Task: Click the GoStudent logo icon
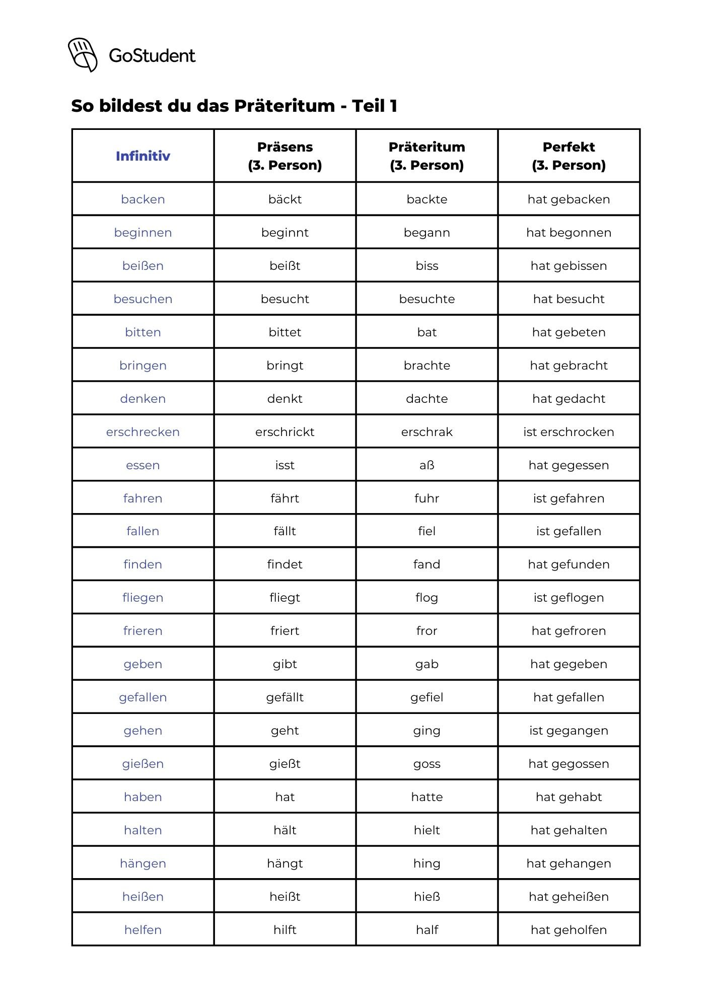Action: click(83, 54)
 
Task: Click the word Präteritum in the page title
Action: click(284, 106)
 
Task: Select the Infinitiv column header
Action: click(143, 156)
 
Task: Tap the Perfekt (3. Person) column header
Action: click(568, 156)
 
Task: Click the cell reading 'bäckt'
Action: click(285, 199)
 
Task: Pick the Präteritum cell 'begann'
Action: click(426, 233)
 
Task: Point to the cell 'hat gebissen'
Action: click(568, 266)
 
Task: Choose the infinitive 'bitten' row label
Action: click(143, 332)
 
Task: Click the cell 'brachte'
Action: click(426, 366)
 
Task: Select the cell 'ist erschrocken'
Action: click(568, 432)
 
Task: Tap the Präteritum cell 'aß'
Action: click(426, 465)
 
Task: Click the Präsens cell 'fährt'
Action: click(285, 498)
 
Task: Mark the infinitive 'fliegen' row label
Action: click(143, 598)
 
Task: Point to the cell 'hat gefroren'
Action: click(568, 631)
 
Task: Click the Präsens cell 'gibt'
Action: click(285, 664)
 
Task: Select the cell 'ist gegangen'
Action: click(568, 731)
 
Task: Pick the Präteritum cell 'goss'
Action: click(426, 764)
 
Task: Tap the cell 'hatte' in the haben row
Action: click(426, 797)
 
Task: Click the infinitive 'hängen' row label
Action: click(143, 864)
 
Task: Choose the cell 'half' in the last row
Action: click(426, 930)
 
